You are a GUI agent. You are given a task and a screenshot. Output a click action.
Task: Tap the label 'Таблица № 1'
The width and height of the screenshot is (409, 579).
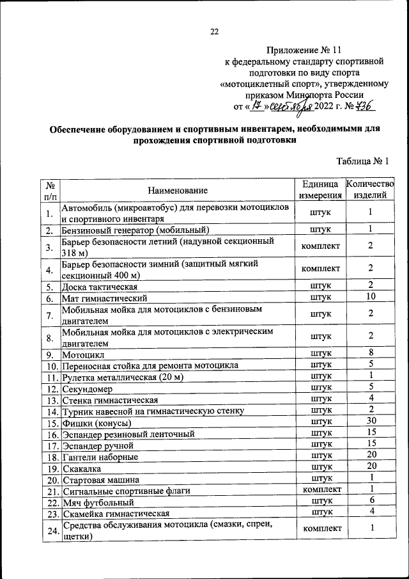click(362, 161)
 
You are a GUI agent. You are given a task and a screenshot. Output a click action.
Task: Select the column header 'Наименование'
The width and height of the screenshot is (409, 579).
click(178, 190)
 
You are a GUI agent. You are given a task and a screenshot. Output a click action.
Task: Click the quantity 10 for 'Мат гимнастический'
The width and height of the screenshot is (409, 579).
click(370, 297)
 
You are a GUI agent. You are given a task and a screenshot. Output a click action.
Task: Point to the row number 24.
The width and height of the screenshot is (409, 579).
click(49, 530)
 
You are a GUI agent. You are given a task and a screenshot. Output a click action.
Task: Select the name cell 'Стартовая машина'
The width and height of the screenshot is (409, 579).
click(100, 479)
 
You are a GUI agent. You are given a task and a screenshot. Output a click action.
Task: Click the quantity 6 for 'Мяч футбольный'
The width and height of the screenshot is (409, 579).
click(371, 500)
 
